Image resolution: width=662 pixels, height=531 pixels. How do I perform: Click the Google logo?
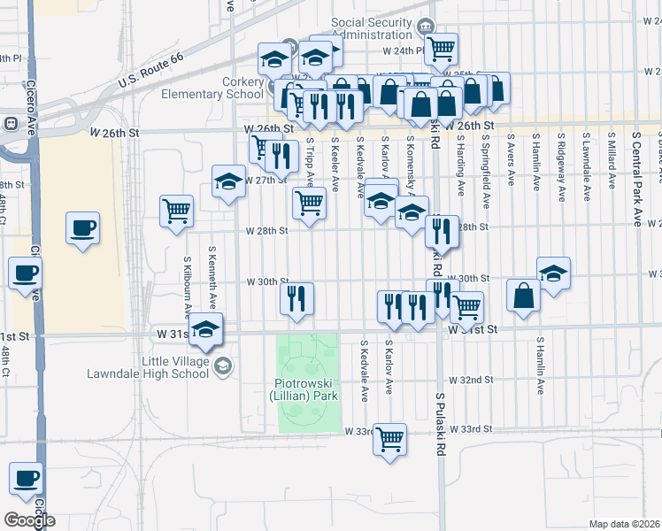tap(29, 519)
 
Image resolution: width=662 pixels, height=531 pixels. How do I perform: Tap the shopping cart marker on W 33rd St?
tap(389, 439)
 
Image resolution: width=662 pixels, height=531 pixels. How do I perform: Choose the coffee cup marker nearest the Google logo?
tap(26, 479)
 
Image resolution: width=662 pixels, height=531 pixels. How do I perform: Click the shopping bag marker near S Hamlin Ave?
tap(524, 295)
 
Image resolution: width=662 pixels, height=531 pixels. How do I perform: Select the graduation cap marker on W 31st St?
tap(205, 330)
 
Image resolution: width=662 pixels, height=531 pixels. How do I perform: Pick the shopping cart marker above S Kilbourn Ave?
tap(176, 211)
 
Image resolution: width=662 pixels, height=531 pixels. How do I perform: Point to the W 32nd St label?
tap(470, 380)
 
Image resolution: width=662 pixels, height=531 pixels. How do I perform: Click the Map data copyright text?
tap(624, 524)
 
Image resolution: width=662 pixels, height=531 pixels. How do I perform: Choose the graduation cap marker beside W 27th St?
tap(228, 182)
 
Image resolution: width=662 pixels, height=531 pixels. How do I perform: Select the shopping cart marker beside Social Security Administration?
tap(440, 48)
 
